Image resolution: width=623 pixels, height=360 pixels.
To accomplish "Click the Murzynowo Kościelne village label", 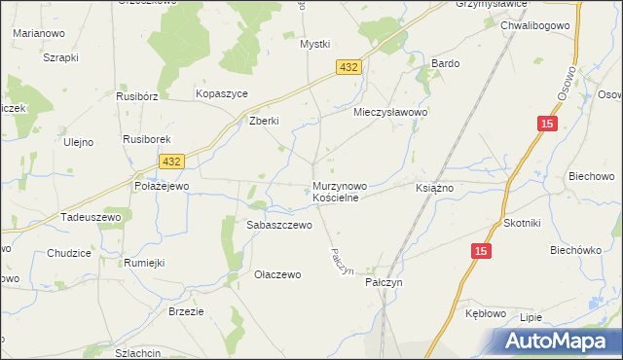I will pos(340,191).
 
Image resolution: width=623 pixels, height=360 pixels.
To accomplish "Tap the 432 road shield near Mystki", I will pos(350,66).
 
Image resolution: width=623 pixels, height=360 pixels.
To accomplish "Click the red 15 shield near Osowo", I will pos(548,123).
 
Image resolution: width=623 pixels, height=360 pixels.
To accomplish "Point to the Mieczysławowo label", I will pos(391,113).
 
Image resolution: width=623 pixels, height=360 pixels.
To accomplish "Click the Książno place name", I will pos(435,187).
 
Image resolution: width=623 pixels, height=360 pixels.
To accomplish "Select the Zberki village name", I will pos(264,121).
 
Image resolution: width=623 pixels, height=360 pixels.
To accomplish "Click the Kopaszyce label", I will pos(222,92).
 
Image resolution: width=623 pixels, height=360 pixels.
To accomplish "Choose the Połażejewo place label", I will pos(161,185).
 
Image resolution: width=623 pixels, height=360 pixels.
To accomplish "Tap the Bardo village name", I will pos(445,63).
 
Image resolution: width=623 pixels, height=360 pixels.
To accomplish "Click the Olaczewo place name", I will pos(277,274).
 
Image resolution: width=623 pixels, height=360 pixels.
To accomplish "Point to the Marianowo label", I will pos(32,32).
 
